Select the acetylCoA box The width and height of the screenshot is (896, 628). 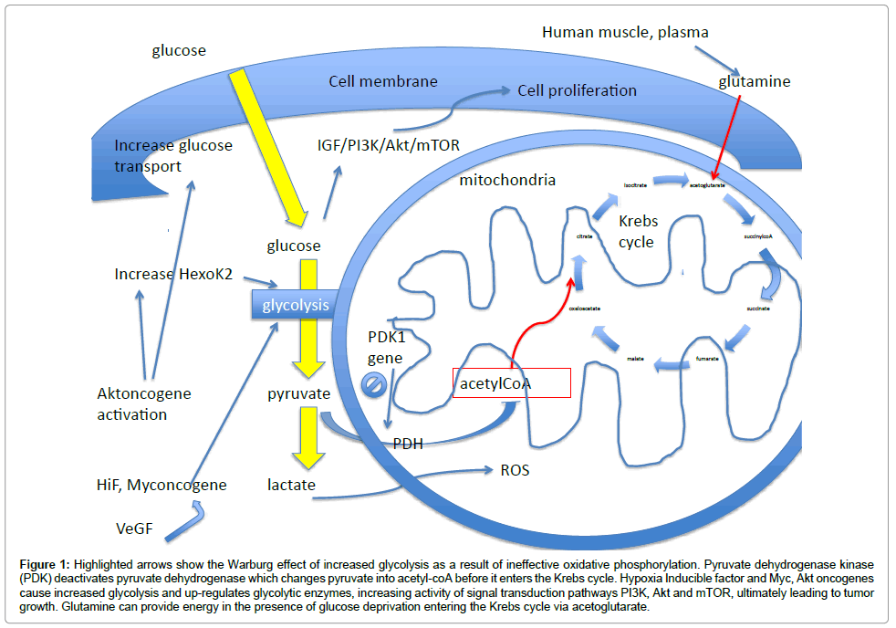511,383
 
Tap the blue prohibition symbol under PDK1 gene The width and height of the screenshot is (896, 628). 375,384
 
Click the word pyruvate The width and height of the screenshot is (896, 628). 299,394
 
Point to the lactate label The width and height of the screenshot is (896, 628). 292,485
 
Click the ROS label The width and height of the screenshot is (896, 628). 515,471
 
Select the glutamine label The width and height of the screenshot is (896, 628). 754,82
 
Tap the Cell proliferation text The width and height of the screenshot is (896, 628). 577,90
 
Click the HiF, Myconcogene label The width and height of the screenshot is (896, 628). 160,485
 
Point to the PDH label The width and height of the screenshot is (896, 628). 408,444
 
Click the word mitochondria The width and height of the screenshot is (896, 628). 508,180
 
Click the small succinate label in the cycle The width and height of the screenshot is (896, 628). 757,309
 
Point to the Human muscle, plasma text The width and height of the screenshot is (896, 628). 625,33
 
